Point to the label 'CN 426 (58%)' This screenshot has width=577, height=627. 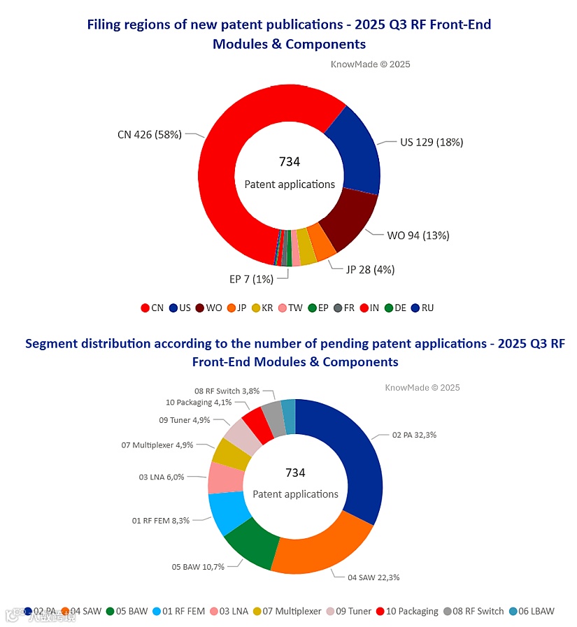coord(149,134)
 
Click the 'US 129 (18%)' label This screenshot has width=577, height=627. coord(432,142)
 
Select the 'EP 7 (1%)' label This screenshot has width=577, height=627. coord(251,279)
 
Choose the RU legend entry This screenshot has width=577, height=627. coord(422,308)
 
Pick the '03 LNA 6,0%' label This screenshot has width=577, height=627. coord(161,477)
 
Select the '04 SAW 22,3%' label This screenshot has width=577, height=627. coord(374,577)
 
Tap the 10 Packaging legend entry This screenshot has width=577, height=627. coord(407,611)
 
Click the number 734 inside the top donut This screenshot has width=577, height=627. coord(290,162)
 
